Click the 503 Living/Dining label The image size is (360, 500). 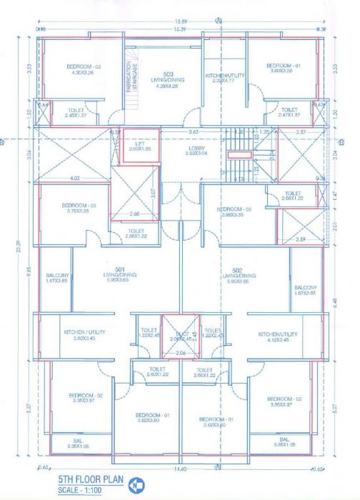point(169,76)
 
